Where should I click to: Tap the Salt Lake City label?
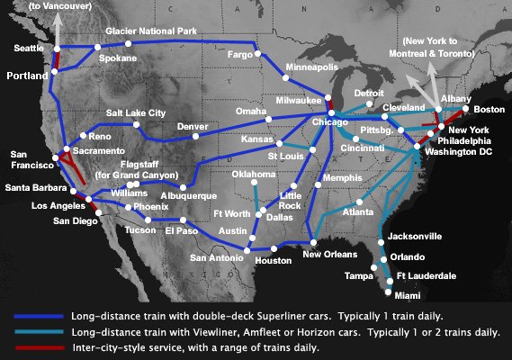(x=136, y=112)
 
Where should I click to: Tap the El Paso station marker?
(x=183, y=220)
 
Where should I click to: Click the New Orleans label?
(x=326, y=255)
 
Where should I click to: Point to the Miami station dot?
(x=389, y=292)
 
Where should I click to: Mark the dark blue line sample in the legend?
(x=40, y=317)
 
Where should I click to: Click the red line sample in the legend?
(x=40, y=346)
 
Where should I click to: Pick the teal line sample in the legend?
(x=40, y=331)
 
